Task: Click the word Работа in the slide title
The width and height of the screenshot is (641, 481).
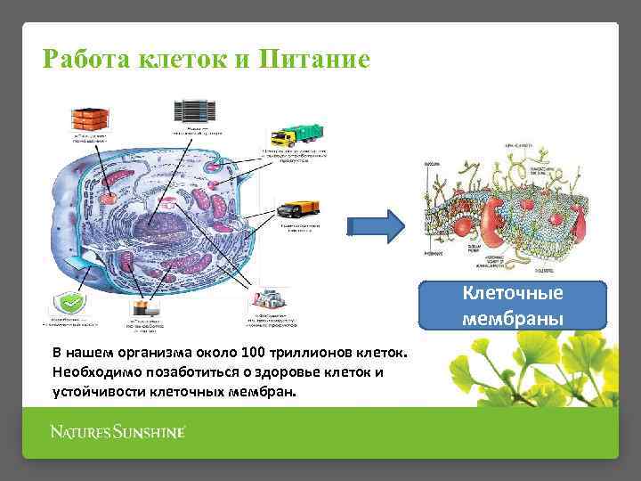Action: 87,60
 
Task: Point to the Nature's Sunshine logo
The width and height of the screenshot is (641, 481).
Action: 117,433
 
